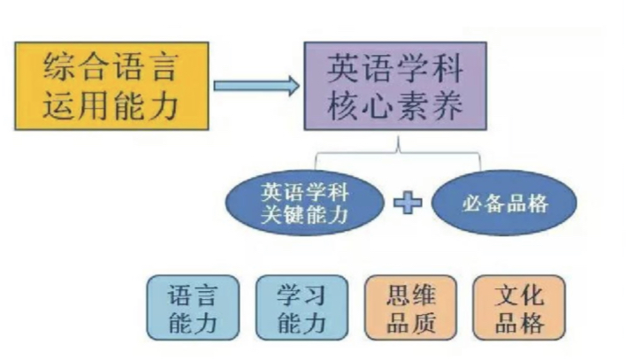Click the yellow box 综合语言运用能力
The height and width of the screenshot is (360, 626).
[111, 86]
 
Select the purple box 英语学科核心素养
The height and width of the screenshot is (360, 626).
[394, 86]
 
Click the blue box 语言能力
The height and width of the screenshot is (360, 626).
[192, 308]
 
